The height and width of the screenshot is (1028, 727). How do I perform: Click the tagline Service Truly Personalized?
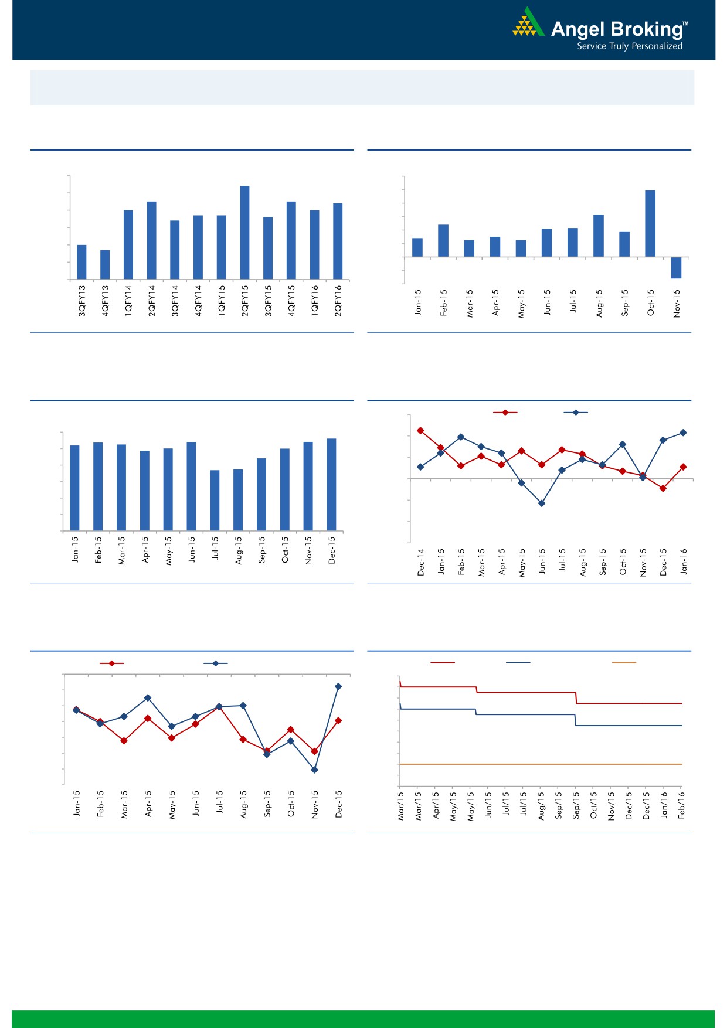(629, 46)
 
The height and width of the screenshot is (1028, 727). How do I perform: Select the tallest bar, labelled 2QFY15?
(244, 232)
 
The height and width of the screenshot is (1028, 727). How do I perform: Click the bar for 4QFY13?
(105, 264)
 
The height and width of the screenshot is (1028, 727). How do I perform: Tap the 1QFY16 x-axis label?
(315, 301)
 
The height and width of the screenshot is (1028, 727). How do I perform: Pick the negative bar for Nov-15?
(676, 267)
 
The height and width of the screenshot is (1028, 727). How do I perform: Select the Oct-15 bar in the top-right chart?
(650, 223)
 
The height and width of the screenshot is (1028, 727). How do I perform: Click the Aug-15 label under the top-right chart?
(599, 303)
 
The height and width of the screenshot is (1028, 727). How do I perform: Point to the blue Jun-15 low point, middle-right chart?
(542, 503)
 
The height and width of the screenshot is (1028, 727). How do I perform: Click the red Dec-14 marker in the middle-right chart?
(420, 431)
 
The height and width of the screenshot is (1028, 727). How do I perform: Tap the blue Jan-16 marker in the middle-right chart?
(683, 433)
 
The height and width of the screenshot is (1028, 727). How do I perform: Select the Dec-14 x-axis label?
(420, 562)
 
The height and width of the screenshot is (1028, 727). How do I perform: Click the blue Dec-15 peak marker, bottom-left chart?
(338, 686)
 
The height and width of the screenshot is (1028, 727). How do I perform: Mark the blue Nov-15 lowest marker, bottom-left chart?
(314, 770)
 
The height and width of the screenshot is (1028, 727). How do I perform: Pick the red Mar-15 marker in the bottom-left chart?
(124, 741)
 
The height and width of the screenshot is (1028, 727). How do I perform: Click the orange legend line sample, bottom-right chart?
(623, 663)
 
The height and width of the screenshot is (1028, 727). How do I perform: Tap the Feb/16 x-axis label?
(681, 805)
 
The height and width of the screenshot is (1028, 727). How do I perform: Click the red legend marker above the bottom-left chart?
(111, 663)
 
